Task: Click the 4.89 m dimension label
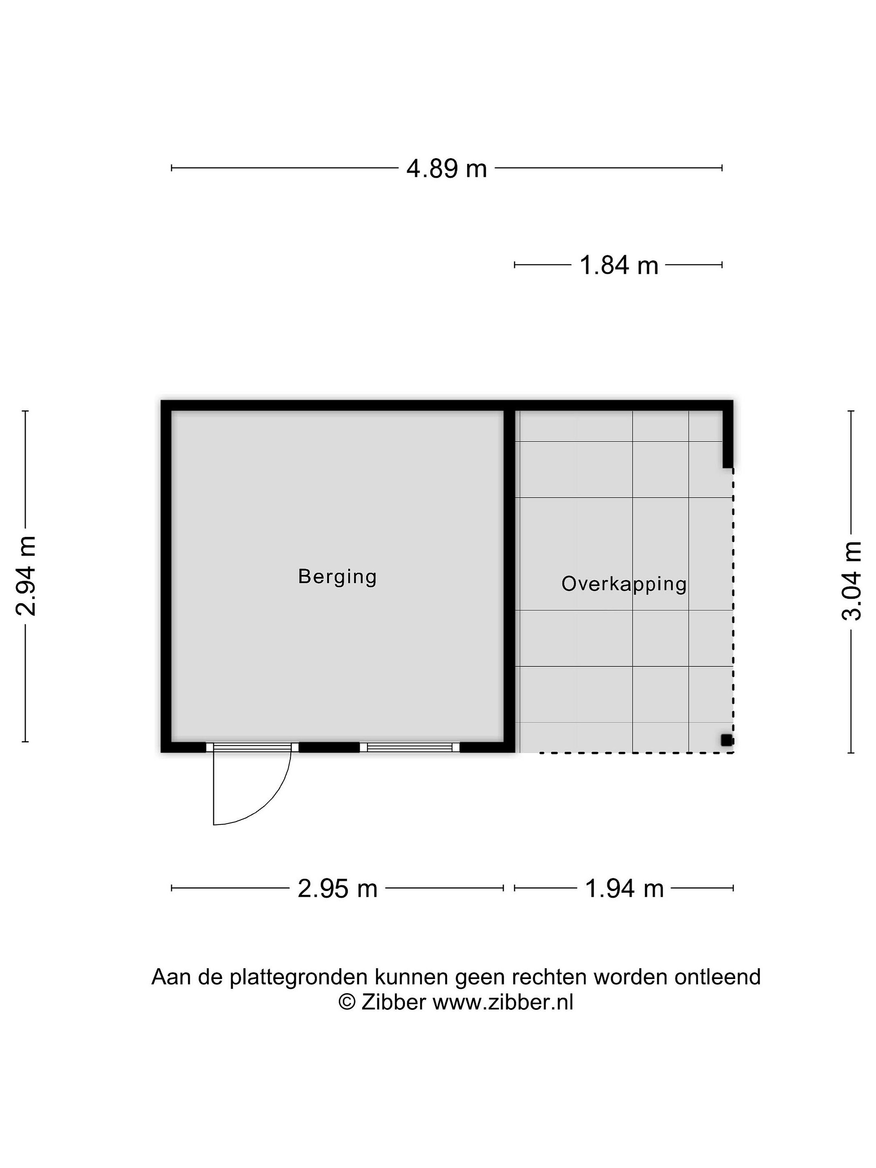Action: (x=446, y=168)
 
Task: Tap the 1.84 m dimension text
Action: (x=619, y=265)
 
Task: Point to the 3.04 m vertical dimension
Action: (x=851, y=581)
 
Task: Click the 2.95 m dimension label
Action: (x=337, y=889)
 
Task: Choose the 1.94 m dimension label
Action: (x=624, y=889)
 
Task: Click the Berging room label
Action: (x=337, y=577)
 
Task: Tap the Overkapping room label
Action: (x=624, y=584)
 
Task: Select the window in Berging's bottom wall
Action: (x=409, y=747)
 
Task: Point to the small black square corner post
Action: (x=727, y=740)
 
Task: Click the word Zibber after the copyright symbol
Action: (x=393, y=1002)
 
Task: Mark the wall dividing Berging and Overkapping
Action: (x=509, y=576)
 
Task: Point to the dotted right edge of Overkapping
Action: (x=733, y=610)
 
